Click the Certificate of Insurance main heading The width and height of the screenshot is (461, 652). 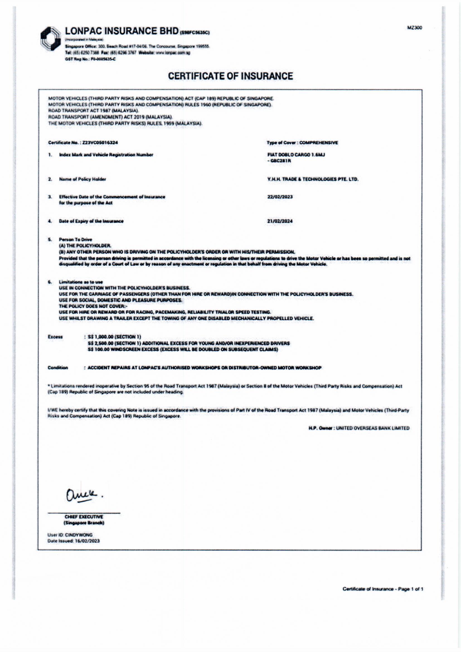click(x=230, y=76)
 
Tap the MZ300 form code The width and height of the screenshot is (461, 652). click(x=414, y=28)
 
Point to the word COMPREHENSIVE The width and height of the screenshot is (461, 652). click(x=319, y=143)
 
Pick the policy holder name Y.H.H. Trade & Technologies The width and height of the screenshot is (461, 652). click(x=313, y=179)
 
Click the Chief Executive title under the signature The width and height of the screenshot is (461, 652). click(x=84, y=517)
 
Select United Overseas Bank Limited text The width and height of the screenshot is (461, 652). click(x=373, y=428)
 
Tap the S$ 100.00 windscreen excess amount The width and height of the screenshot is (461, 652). click(x=97, y=349)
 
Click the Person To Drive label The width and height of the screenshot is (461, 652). click(x=76, y=239)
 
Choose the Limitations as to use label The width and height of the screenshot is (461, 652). click(x=81, y=282)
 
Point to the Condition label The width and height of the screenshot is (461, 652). click(x=58, y=368)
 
